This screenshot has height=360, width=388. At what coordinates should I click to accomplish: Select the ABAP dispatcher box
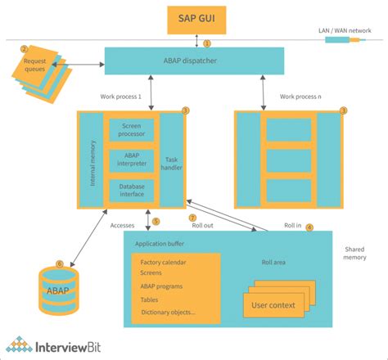pos(194,61)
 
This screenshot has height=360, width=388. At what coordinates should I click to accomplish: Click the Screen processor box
pos(132,129)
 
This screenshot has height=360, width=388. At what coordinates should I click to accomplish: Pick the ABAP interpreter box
pos(132,160)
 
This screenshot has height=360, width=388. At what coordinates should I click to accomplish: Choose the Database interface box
pos(132,191)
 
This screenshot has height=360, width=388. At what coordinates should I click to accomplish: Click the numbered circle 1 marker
pos(207,43)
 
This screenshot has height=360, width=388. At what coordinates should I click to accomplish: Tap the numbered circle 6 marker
pos(58,263)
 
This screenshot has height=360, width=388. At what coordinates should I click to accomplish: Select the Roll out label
pos(202,226)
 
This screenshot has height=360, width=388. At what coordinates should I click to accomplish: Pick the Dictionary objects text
pos(169,312)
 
